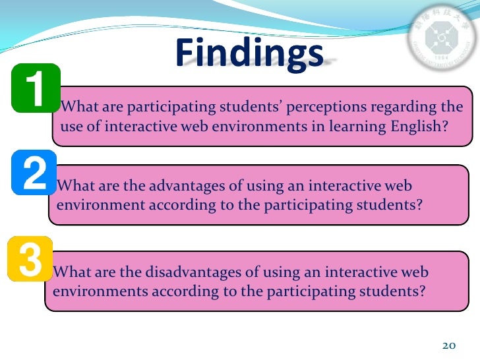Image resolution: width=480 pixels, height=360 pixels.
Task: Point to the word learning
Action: (349, 127)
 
